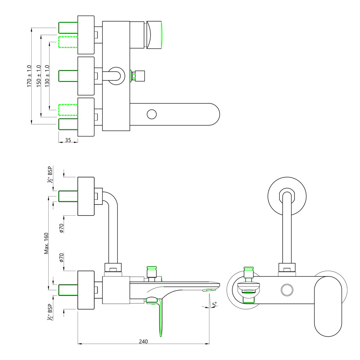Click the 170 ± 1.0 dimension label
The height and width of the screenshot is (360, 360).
click(29, 76)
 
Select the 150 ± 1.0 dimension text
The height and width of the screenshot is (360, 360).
click(39, 76)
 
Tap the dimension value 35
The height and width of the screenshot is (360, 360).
click(68, 140)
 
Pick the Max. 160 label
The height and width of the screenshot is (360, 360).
click(46, 243)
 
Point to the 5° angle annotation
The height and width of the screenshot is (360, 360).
click(215, 305)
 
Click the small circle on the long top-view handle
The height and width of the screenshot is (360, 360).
click(152, 114)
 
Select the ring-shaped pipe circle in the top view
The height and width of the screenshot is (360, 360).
click(116, 76)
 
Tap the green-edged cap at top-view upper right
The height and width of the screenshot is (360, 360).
click(154, 35)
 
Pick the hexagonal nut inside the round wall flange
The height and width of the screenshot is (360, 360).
click(287, 196)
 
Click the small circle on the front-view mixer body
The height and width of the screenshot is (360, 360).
click(287, 290)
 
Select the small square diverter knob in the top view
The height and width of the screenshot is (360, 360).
click(140, 76)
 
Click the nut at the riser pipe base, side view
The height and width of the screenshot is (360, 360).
click(113, 267)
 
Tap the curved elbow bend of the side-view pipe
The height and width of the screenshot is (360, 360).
click(108, 197)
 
